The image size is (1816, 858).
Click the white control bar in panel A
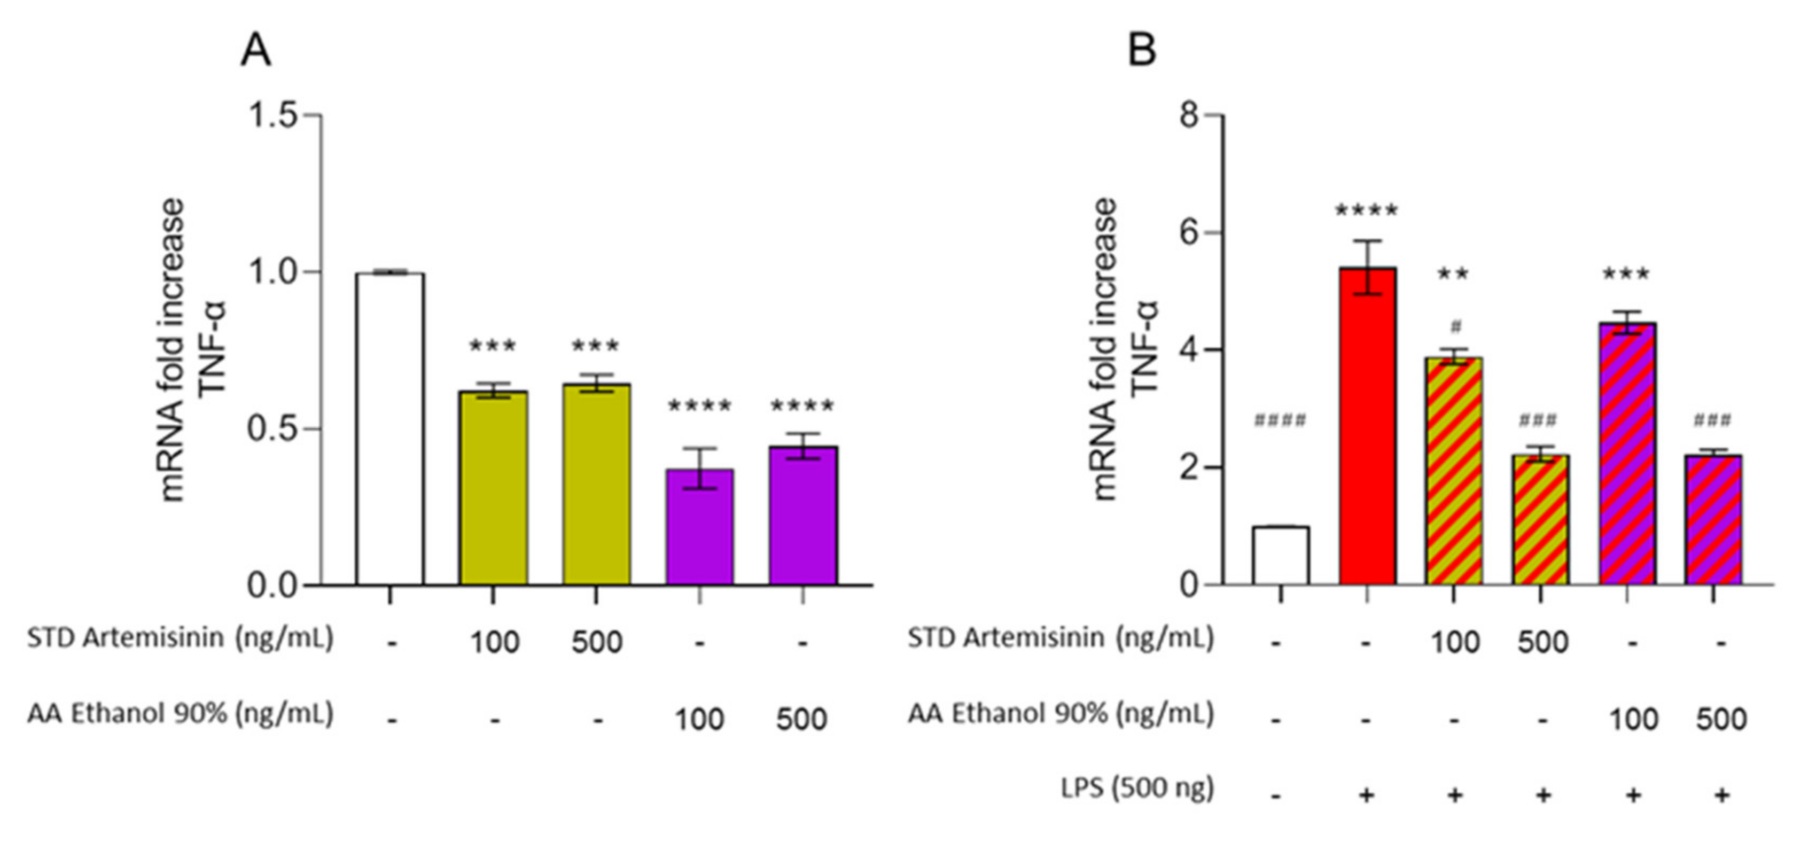point(390,428)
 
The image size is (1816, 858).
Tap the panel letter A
point(255,51)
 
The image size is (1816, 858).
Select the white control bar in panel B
point(1280,556)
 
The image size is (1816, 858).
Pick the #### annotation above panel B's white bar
point(1280,421)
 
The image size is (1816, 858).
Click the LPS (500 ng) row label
point(1137,788)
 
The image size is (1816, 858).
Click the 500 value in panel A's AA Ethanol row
point(801,720)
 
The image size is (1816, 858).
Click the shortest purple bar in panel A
point(699,527)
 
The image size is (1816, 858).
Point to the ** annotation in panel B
point(1453,274)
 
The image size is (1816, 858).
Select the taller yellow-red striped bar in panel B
point(1454,471)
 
